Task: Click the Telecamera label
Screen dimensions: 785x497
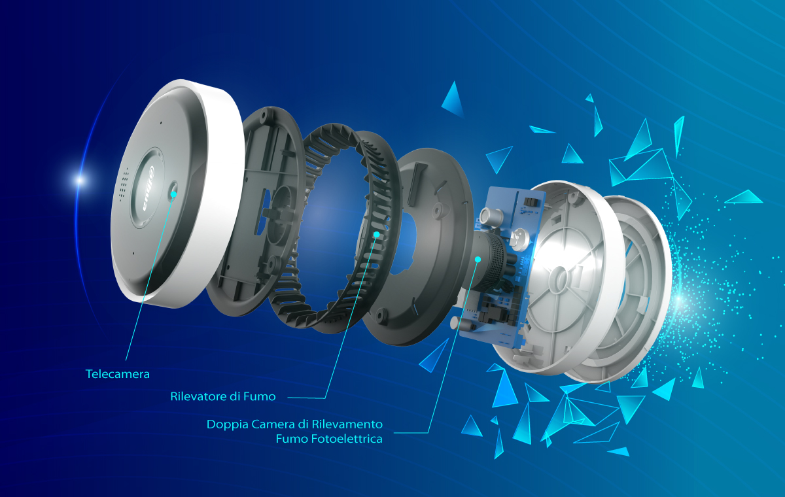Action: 117,374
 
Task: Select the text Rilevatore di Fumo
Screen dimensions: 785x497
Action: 223,396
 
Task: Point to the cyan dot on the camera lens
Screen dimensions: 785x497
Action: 173,194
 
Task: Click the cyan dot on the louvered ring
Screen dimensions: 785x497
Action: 376,234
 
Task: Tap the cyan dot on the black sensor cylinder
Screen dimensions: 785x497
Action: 478,259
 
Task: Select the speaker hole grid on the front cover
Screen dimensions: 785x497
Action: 124,184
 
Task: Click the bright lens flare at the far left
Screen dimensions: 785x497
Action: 80,180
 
